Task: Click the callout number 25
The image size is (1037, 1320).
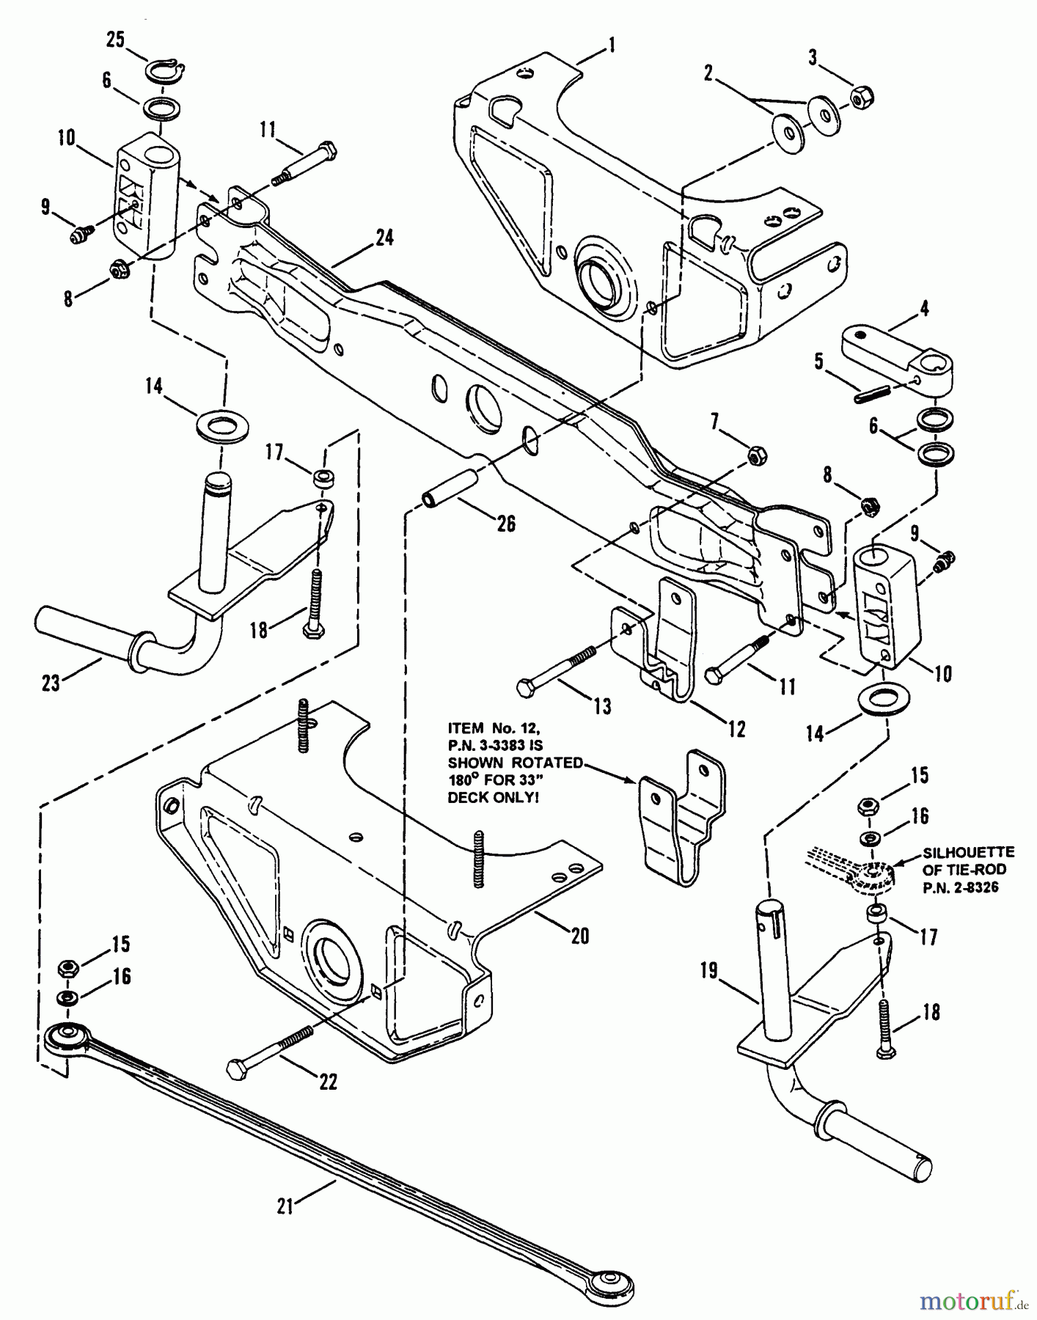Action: point(115,40)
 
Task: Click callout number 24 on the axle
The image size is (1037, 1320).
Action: point(384,238)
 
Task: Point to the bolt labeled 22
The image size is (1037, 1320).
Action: point(271,1049)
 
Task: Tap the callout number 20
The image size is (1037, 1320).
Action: point(579,936)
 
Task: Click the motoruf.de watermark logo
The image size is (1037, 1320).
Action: point(968,1302)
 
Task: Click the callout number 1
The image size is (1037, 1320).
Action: point(610,46)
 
